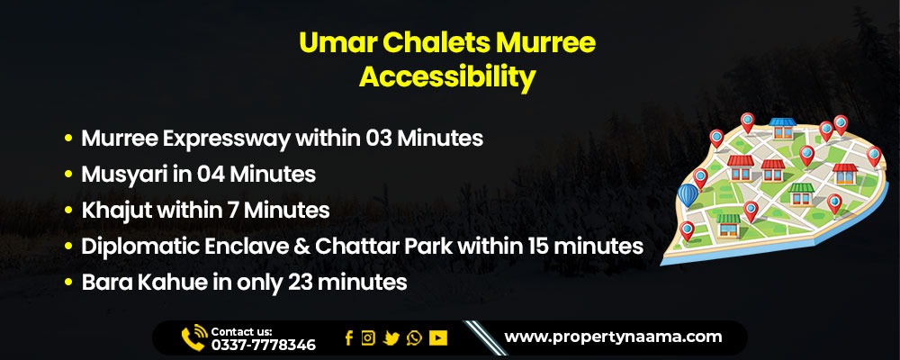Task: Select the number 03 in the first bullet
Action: (x=381, y=139)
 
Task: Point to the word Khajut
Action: (x=114, y=211)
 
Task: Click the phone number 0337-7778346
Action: (x=263, y=345)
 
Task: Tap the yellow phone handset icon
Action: (x=193, y=337)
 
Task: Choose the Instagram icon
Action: (x=368, y=338)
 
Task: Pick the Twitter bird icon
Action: (x=391, y=338)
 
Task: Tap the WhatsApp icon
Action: (x=414, y=338)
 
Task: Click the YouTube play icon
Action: (x=438, y=338)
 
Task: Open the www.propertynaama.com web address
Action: (x=613, y=337)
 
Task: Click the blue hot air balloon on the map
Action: (x=690, y=195)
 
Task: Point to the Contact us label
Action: (x=241, y=331)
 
